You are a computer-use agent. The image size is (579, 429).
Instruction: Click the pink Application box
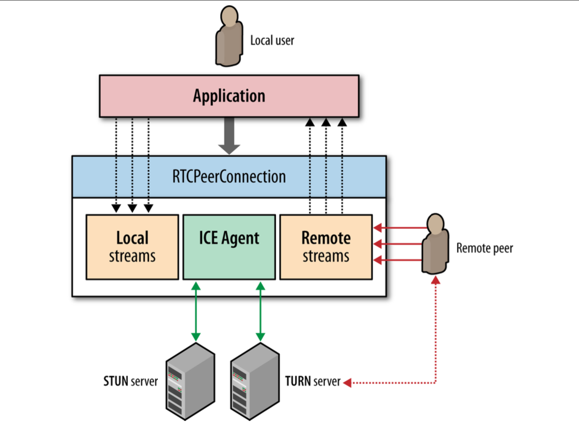click(229, 96)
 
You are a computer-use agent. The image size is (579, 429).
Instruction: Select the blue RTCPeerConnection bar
click(229, 177)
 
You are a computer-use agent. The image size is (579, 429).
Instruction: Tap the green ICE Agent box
click(229, 247)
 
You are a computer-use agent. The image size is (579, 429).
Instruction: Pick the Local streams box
click(132, 247)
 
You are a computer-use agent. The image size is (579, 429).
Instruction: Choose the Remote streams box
click(326, 247)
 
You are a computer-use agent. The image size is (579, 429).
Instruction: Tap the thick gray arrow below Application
click(229, 136)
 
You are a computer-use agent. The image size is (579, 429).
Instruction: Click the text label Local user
click(272, 41)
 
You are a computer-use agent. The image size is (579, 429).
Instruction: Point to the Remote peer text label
click(484, 248)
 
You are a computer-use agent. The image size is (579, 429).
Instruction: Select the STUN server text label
click(131, 381)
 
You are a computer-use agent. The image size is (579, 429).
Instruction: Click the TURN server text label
click(313, 381)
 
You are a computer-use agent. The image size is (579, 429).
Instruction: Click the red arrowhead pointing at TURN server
click(347, 382)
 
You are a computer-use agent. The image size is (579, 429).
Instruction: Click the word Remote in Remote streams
click(326, 238)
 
